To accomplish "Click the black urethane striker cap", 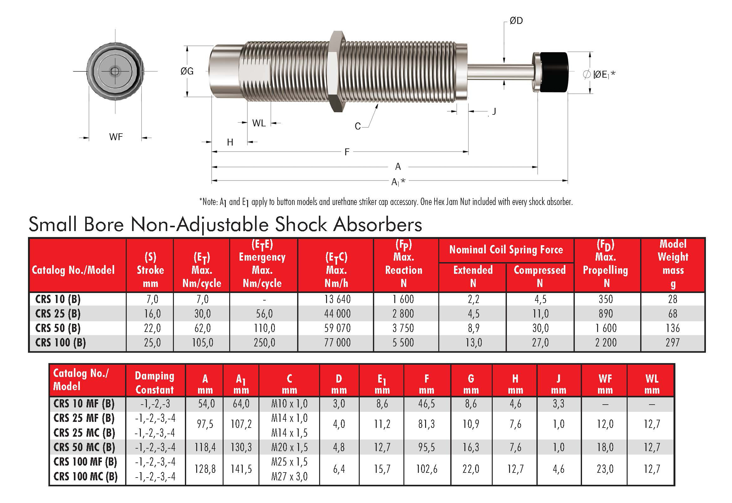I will pyautogui.click(x=554, y=72).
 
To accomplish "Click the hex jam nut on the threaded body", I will pyautogui.click(x=337, y=72).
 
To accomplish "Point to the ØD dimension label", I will pyautogui.click(x=516, y=21).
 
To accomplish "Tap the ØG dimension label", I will pyautogui.click(x=187, y=71).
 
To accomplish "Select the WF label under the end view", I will pyautogui.click(x=116, y=137).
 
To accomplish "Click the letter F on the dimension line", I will pyautogui.click(x=347, y=152).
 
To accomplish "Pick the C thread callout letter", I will pyautogui.click(x=358, y=126).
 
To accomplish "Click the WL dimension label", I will pyautogui.click(x=259, y=123).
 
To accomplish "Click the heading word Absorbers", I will pyautogui.click(x=377, y=225).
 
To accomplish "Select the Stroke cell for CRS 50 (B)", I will pyautogui.click(x=152, y=328).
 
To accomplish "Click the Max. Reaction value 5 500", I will pyautogui.click(x=403, y=343).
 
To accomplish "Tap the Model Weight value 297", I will pyautogui.click(x=673, y=343).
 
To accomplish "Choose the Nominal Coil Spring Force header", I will pyautogui.click(x=506, y=250).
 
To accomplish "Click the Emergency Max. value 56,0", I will pyautogui.click(x=264, y=313).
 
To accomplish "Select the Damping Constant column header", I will pyautogui.click(x=154, y=383).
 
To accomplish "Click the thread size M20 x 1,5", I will pyautogui.click(x=289, y=447).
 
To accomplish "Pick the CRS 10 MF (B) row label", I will pyautogui.click(x=84, y=403).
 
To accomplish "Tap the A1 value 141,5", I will pyautogui.click(x=241, y=469).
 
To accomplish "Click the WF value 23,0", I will pyautogui.click(x=605, y=469).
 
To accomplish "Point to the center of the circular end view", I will pyautogui.click(x=115, y=71).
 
